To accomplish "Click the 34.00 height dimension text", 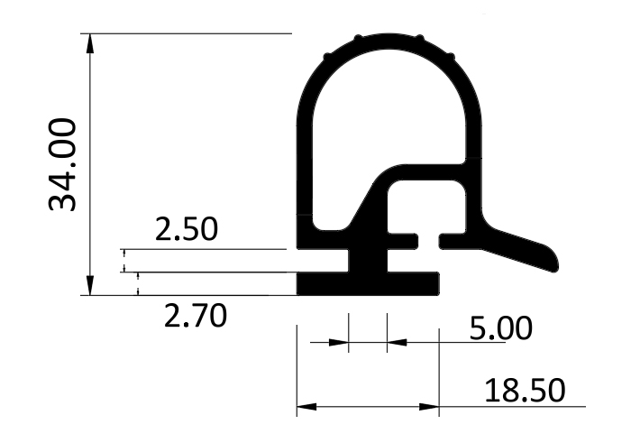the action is [x=62, y=165].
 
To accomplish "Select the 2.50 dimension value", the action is [x=187, y=229].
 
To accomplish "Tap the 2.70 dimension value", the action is [x=196, y=316].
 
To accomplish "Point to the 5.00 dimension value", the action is [x=500, y=328].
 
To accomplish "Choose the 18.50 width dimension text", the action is [x=525, y=391].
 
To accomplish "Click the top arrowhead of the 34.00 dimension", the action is [x=90, y=43].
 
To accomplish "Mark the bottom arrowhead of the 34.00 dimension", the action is [x=90, y=285].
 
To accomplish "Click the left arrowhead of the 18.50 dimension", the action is [x=306, y=406].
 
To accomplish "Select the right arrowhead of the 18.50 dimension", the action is [x=429, y=406].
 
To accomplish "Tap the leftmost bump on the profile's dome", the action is [x=326, y=57].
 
